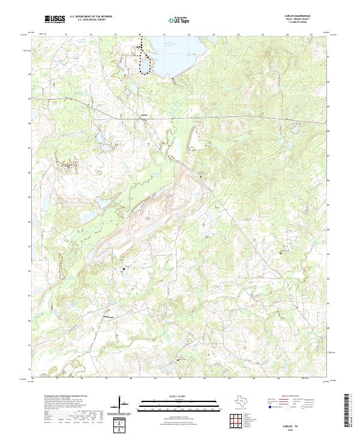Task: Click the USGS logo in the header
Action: coord(55,19)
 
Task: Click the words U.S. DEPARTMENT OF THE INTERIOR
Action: coord(91,17)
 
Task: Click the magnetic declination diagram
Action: coord(122,404)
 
